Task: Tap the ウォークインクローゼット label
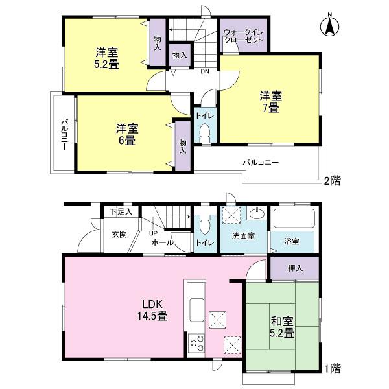point(242,36)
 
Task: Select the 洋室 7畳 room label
point(271,102)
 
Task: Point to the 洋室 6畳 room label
point(126,134)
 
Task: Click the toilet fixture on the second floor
point(205,132)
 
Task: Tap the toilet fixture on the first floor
point(205,226)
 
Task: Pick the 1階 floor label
point(332,369)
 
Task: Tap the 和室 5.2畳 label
point(282,327)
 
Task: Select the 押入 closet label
point(294,266)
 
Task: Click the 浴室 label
point(292,241)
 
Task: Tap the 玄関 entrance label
point(119,234)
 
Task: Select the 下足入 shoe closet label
point(120,211)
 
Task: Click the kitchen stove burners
point(195,344)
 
